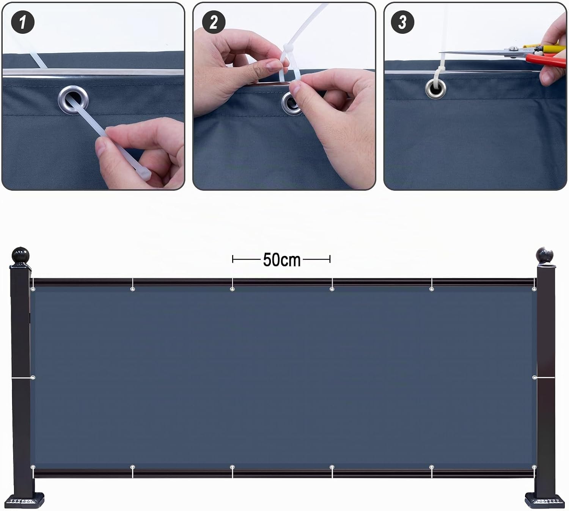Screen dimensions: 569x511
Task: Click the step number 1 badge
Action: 23,22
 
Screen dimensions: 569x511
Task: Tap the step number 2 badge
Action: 214,22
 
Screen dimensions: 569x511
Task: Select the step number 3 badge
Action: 402,22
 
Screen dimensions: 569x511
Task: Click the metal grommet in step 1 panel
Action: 73,100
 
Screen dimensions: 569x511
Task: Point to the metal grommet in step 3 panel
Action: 436,89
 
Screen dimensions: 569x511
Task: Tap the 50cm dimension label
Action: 282,259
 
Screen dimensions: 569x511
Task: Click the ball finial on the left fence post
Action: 20,255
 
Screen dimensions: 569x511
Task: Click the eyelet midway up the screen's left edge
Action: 33,378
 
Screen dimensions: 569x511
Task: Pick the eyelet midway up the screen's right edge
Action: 534,378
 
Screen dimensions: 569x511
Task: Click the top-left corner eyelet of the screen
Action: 33,289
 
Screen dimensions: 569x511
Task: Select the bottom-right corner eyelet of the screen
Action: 534,467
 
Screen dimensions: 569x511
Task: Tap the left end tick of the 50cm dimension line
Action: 233,259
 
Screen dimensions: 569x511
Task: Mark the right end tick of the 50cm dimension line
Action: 330,259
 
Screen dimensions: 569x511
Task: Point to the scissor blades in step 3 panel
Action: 479,52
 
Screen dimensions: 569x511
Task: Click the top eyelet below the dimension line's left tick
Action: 232,289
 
